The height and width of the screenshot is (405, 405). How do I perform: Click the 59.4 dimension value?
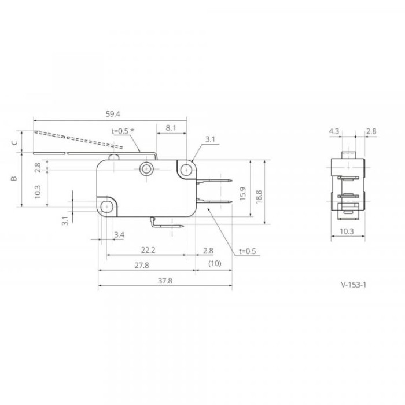pos(113,114)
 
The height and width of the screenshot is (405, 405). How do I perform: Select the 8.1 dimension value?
pos(171,128)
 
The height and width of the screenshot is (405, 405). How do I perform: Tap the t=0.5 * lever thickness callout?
pos(123,131)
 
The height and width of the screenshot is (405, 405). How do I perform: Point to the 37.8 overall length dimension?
pos(165,281)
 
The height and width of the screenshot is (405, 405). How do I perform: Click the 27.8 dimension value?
pos(142,265)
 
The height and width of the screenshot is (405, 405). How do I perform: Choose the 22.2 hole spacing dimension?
pos(148,250)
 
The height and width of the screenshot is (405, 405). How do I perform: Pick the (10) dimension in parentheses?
pos(215,263)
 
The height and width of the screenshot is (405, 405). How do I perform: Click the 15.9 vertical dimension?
pos(243,193)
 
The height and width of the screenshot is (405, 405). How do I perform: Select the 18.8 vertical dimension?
pos(259,197)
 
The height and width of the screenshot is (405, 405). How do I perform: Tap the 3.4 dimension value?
pos(119,235)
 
